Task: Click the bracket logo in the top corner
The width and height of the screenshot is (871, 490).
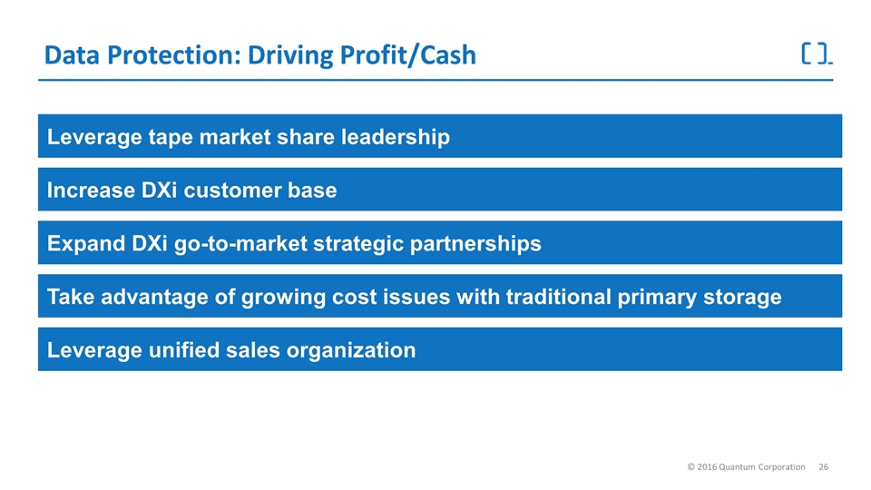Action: (x=817, y=54)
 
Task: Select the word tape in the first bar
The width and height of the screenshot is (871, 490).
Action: (x=171, y=138)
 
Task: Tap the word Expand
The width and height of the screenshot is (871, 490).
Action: (x=86, y=243)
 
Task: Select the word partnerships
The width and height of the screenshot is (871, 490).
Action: (x=475, y=244)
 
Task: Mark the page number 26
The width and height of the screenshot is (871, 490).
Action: (x=823, y=466)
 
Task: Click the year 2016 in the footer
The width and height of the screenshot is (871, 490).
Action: (x=707, y=466)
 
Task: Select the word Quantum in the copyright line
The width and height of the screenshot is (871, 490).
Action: (x=737, y=467)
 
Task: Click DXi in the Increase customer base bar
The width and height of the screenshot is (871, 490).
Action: (x=160, y=190)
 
